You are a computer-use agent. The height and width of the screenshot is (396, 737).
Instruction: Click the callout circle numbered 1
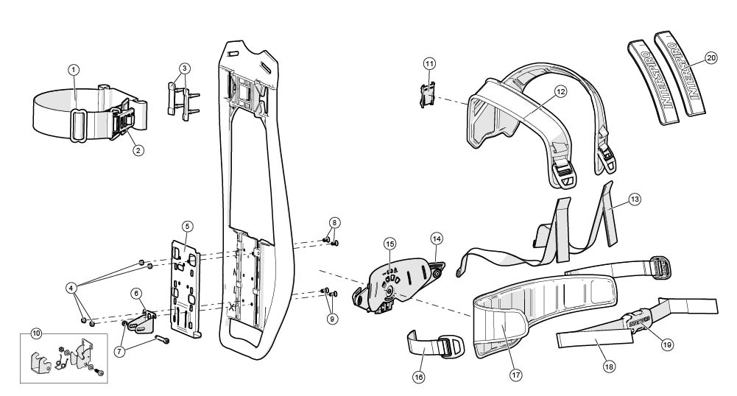click(x=74, y=69)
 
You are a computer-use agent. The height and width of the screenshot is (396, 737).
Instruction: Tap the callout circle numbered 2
click(x=138, y=149)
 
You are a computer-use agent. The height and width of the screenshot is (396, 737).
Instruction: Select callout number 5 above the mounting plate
click(x=188, y=226)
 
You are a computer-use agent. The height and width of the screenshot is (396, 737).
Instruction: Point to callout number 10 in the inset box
click(x=35, y=332)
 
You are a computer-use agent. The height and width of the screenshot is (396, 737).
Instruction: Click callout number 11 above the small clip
click(x=429, y=64)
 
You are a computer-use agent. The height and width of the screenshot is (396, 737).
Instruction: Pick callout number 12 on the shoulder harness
click(x=560, y=92)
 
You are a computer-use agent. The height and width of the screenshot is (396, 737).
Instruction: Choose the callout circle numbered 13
click(x=635, y=199)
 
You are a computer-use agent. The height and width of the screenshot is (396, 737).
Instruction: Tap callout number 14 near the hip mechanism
click(x=437, y=238)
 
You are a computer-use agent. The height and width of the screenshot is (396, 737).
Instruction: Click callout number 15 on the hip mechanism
click(x=390, y=244)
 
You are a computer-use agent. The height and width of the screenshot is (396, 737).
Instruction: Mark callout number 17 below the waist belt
click(x=515, y=374)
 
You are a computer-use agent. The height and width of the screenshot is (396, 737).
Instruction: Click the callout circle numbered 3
click(x=184, y=68)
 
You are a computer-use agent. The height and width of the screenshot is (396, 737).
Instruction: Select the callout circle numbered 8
click(x=335, y=222)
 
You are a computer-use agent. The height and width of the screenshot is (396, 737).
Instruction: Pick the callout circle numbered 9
click(x=335, y=319)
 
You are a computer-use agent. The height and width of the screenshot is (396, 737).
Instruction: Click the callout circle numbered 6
click(x=137, y=292)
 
